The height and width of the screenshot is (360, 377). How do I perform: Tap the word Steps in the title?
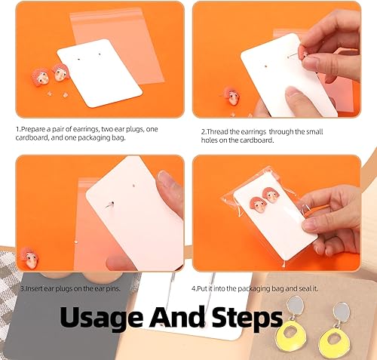(x=247, y=318)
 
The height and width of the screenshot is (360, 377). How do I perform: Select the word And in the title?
(x=177, y=316)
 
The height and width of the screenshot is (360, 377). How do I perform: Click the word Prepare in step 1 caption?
(x=35, y=130)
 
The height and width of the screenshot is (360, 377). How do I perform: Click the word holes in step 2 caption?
(x=209, y=140)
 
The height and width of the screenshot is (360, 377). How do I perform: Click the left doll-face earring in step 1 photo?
(x=40, y=78)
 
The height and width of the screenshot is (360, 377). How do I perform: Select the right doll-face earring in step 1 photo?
(x=60, y=72)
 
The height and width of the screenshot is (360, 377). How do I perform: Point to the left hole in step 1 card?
(x=78, y=60)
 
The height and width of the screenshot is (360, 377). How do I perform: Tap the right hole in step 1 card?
(x=100, y=54)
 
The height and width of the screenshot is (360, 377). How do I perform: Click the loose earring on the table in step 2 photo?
(x=231, y=96)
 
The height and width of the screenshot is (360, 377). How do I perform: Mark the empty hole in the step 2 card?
(x=266, y=67)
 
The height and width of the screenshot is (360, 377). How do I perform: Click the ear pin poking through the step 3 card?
(x=110, y=205)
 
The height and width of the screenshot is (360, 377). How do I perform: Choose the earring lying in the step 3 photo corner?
(x=29, y=257)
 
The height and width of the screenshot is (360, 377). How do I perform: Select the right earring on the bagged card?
(x=271, y=195)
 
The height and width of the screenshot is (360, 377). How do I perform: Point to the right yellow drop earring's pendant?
(x=335, y=341)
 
